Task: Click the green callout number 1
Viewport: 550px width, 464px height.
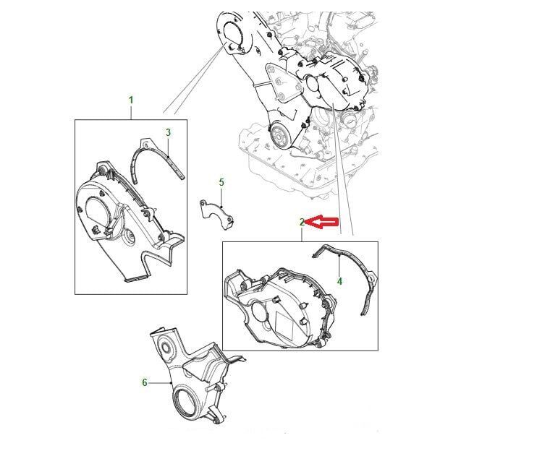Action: click(x=131, y=100)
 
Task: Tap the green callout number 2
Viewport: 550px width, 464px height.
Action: click(x=302, y=222)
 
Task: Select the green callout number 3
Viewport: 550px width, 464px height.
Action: click(x=169, y=132)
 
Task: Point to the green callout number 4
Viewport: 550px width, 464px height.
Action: click(x=339, y=281)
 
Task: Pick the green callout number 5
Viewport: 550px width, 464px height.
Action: click(x=221, y=182)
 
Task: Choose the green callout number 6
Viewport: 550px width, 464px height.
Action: click(x=145, y=383)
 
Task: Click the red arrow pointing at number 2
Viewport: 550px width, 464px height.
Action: click(x=322, y=222)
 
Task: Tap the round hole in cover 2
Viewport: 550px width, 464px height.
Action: click(x=261, y=312)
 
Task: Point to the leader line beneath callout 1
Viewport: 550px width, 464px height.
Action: click(x=131, y=112)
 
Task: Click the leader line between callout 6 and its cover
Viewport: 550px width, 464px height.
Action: click(x=160, y=383)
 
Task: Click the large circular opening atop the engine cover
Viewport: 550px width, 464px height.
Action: click(x=232, y=33)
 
